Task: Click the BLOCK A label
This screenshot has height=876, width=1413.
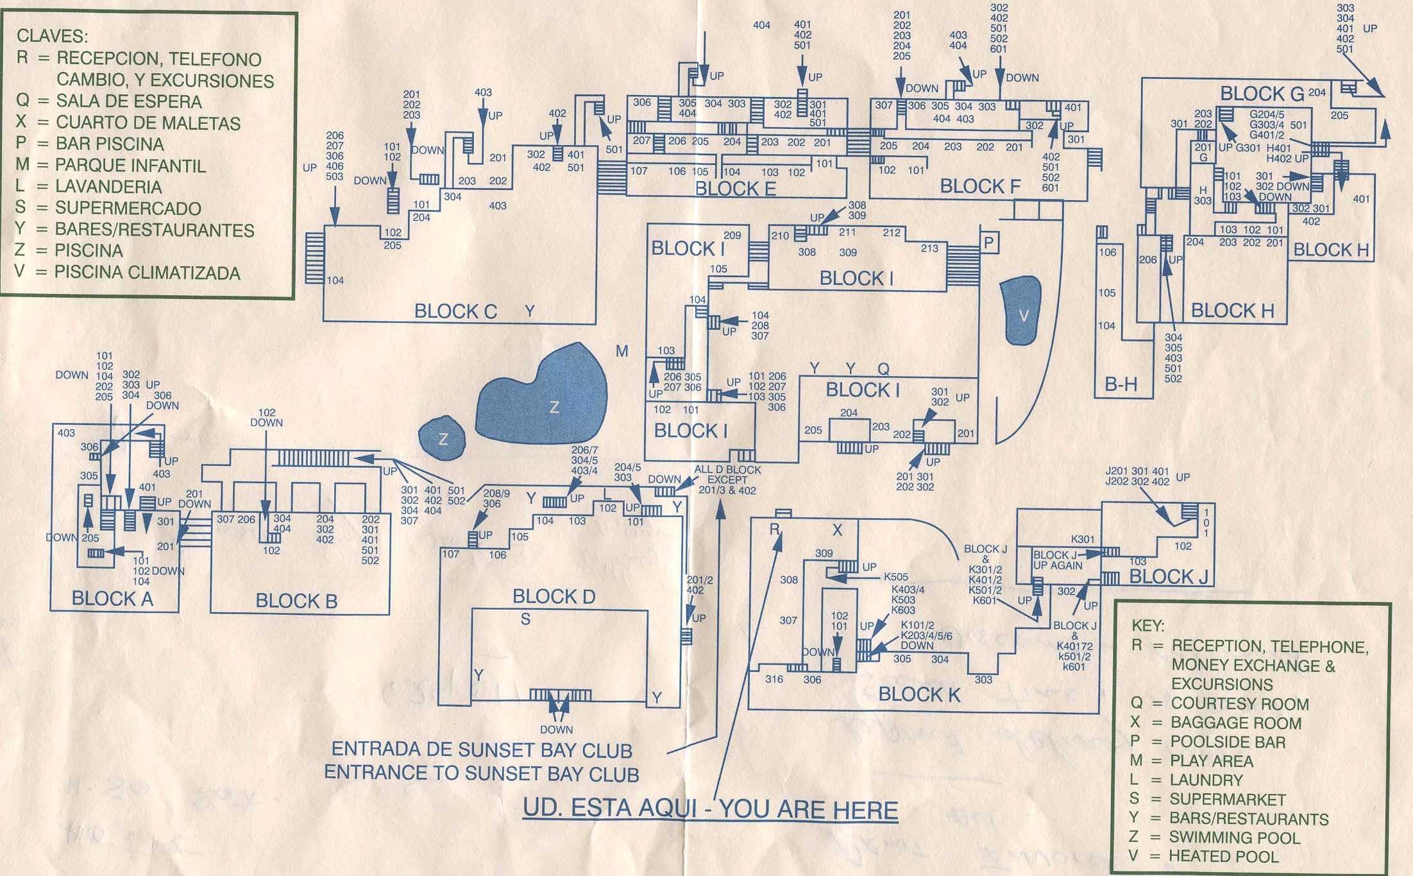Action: [x=112, y=599]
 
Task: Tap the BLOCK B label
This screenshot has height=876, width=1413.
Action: [x=296, y=601]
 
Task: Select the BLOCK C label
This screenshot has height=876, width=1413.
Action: [x=455, y=311]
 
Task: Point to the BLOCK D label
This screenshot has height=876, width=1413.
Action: [x=554, y=596]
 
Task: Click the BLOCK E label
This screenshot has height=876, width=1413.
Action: [x=735, y=189]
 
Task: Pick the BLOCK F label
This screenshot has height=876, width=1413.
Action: [x=980, y=186]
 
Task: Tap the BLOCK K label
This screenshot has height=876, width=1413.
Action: [x=919, y=694]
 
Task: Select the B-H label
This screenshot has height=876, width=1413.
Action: [x=1121, y=384]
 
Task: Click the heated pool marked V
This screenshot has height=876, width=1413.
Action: [x=1020, y=311]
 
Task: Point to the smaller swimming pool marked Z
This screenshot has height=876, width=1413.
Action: [x=441, y=438]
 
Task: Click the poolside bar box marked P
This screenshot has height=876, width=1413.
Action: [x=988, y=243]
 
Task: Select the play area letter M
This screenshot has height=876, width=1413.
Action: [x=622, y=351]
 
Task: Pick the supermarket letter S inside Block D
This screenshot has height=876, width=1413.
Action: [x=525, y=619]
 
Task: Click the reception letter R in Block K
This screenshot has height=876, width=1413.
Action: [x=775, y=529]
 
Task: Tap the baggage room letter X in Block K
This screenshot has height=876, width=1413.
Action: [x=837, y=530]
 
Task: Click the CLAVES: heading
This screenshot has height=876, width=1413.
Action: [x=53, y=36]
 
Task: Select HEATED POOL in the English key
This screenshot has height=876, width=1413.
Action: [x=1223, y=856]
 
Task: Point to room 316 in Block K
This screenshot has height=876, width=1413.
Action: [x=774, y=679]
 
